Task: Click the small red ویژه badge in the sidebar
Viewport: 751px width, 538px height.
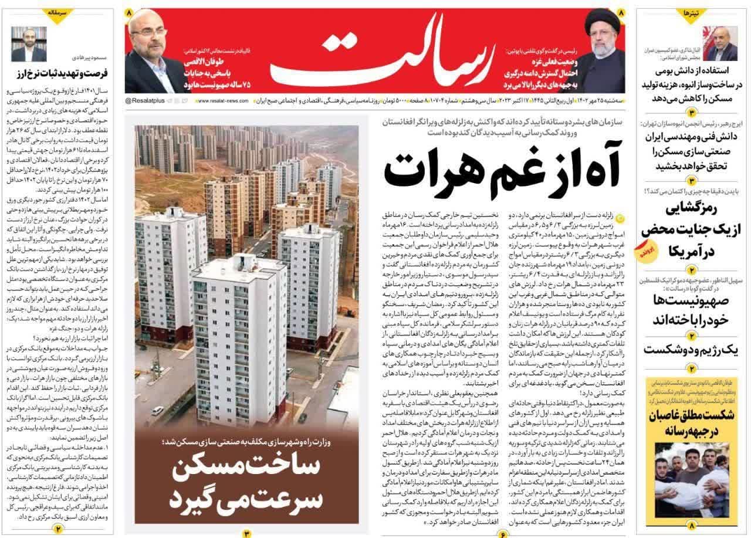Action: [x=641, y=252]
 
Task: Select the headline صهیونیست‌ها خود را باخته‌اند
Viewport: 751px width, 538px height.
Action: [x=692, y=310]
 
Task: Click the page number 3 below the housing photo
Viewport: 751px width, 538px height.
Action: [x=247, y=533]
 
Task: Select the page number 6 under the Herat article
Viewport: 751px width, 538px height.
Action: [x=503, y=533]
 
